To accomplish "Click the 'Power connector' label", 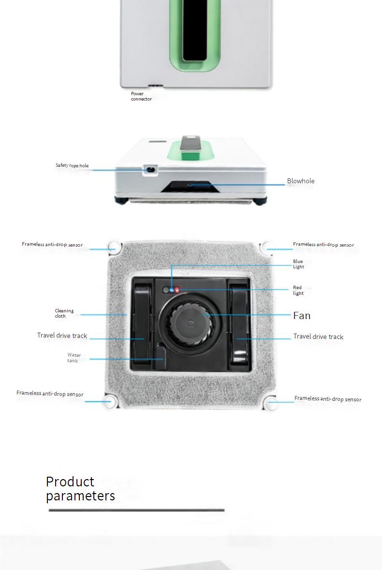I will coord(141,96).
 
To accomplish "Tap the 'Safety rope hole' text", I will coord(72,166).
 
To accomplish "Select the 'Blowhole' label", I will coord(301,181).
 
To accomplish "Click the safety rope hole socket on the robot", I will coord(150,169).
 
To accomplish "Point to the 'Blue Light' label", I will coord(298,264).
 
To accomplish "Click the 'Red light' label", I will coord(298,291).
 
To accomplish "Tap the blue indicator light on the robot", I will coord(172,290).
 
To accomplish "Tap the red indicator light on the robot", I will coord(177,290).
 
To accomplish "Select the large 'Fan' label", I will coord(302,316).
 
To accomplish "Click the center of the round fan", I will coord(191,322).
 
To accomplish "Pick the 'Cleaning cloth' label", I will coord(64,313).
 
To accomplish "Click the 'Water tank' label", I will coord(74,358).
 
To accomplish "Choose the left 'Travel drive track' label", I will coord(62,336).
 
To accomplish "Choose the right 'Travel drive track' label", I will coord(318,336).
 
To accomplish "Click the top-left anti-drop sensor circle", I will coord(113,247).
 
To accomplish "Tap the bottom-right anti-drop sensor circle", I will coord(273,403).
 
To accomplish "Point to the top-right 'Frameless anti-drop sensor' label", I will coord(323,245).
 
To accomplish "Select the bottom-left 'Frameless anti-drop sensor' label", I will coord(50,394).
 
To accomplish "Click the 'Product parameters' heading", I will coord(80,488).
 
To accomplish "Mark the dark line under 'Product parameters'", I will coord(136,510).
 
